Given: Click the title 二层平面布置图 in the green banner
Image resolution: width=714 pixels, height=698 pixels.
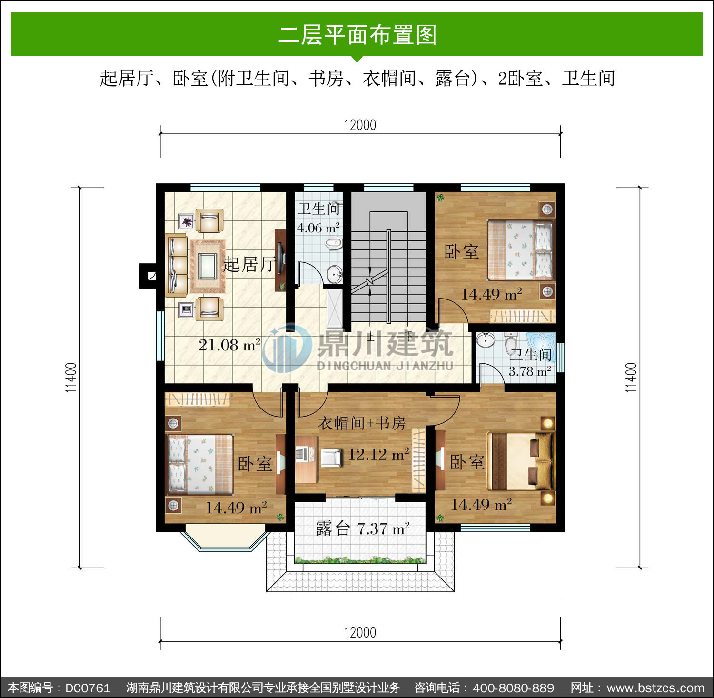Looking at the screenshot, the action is click(x=357, y=35).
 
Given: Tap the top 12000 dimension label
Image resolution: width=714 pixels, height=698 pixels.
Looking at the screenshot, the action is click(x=360, y=125).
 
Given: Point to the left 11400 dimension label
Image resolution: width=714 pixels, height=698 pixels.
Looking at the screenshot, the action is click(x=71, y=378).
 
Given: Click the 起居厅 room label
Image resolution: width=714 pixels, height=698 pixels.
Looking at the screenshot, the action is click(x=249, y=264).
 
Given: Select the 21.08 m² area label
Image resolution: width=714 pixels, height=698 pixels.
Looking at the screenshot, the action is click(x=229, y=344).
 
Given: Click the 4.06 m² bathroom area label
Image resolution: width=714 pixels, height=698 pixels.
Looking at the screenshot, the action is click(x=318, y=228).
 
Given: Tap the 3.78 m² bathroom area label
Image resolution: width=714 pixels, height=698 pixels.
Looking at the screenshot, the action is click(x=530, y=371).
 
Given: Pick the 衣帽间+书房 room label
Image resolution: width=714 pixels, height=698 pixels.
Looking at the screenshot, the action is click(x=362, y=423).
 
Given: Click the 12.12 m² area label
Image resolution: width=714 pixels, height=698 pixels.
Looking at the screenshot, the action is click(x=378, y=454).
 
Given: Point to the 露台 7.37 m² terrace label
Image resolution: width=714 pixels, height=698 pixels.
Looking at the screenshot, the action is click(x=363, y=528).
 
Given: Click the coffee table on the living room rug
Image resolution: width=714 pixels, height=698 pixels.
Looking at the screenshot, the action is click(x=208, y=266).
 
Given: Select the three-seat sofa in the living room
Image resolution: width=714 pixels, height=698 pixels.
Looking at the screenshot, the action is click(x=176, y=265).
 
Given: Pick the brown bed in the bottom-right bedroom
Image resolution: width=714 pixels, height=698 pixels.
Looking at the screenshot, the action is click(x=523, y=461).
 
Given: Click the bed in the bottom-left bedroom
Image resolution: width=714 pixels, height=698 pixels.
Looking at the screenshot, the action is click(x=199, y=464).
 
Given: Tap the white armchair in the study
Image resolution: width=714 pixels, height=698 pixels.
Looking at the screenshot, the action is click(x=331, y=458).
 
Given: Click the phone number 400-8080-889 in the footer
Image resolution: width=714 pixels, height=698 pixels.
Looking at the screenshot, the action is click(x=513, y=688).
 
